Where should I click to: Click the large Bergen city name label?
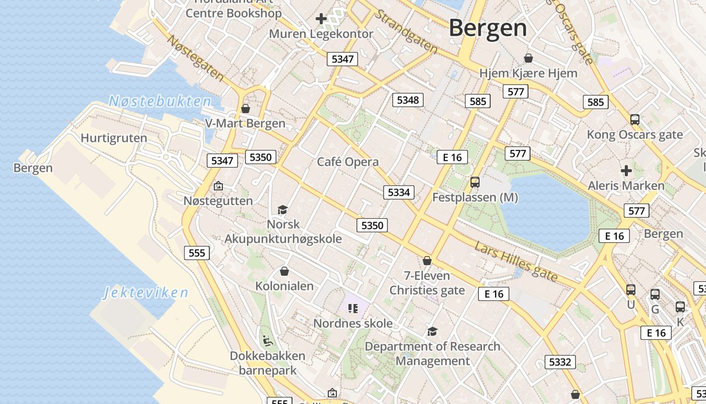tap(488, 28)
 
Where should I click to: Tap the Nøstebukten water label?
tap(160, 102)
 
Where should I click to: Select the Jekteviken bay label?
tap(146, 292)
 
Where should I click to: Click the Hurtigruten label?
tap(114, 138)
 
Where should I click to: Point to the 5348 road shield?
tap(407, 100)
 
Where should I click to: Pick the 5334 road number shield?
tap(398, 192)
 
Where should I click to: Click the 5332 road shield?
tap(560, 362)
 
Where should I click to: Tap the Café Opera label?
tap(347, 162)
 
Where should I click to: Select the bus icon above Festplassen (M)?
tap(475, 182)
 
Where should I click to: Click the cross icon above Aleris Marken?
tap(626, 171)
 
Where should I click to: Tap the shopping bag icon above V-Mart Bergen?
tap(245, 109)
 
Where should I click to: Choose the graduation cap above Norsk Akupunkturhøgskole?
tap(282, 210)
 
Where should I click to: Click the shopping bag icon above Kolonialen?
tap(284, 271)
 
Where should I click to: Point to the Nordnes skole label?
tap(353, 323)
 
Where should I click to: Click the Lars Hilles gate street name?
tap(516, 262)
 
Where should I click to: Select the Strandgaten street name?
tap(406, 31)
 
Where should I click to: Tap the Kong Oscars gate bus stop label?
tap(634, 135)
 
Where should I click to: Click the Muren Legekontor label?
tap(321, 34)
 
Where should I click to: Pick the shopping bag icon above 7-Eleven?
tap(427, 261)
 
